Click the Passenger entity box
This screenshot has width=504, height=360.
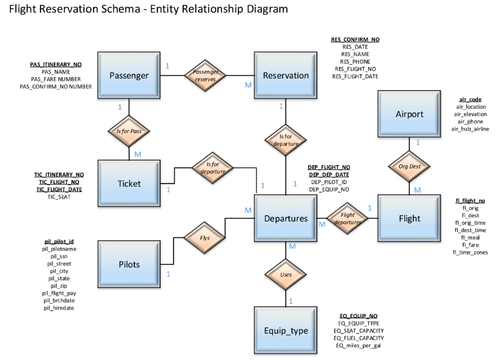click(129, 76)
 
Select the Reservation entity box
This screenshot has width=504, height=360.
click(286, 76)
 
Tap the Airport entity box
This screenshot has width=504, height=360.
click(409, 114)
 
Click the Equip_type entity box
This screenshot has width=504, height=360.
click(286, 331)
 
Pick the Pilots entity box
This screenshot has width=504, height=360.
click(129, 264)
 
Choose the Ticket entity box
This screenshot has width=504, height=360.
click(129, 184)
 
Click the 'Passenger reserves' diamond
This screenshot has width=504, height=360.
click(205, 75)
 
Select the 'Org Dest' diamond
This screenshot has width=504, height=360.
click(409, 166)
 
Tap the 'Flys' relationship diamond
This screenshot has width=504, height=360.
click(205, 238)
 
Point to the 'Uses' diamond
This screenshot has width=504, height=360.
click(286, 275)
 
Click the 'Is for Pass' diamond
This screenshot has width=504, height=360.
click(129, 131)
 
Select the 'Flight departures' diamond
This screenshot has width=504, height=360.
click(347, 218)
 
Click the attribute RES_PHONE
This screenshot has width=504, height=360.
click(355, 62)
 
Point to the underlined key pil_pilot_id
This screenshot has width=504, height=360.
click(59, 241)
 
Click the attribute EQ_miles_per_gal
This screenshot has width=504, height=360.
click(358, 346)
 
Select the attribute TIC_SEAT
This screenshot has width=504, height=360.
click(59, 197)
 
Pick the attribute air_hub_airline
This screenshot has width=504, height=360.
click(470, 129)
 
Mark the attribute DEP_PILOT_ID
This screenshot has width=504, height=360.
click(329, 182)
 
